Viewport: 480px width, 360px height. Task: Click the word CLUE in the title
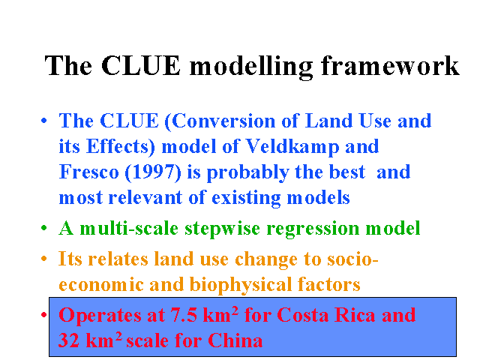point(141,65)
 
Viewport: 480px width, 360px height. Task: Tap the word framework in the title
point(390,65)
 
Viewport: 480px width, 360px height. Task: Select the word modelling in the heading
point(251,67)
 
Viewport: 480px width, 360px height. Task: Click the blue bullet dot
point(44,121)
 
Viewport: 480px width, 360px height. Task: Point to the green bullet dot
point(44,228)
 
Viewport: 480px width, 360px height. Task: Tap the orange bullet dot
point(44,259)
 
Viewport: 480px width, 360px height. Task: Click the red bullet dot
point(44,315)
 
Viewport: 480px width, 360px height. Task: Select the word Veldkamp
point(292,147)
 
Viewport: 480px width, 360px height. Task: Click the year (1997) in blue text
point(153,172)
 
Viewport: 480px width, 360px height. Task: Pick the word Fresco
point(88,172)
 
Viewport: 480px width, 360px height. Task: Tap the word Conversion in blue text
point(220,121)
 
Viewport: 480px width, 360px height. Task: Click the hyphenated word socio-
point(352,259)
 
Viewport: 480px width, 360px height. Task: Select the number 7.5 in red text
point(184,315)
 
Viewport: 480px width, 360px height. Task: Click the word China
point(235,340)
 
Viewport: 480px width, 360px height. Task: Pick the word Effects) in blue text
point(121,147)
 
